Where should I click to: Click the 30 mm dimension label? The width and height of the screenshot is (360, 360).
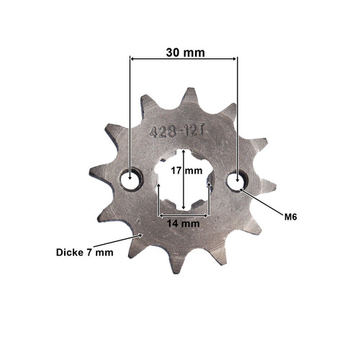point(185,53)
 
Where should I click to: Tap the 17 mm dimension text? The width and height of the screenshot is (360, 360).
point(186,171)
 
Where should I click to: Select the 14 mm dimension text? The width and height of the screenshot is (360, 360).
point(184,224)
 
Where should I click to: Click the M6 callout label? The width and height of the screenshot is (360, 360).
point(291,217)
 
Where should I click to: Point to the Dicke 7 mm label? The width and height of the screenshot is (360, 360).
point(84,253)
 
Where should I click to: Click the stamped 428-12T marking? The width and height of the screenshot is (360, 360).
point(176,132)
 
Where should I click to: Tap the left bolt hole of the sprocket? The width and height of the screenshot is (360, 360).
point(131,179)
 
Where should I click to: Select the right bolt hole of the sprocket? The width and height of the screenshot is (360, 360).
point(237,180)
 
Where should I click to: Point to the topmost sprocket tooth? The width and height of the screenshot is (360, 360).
point(189,95)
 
